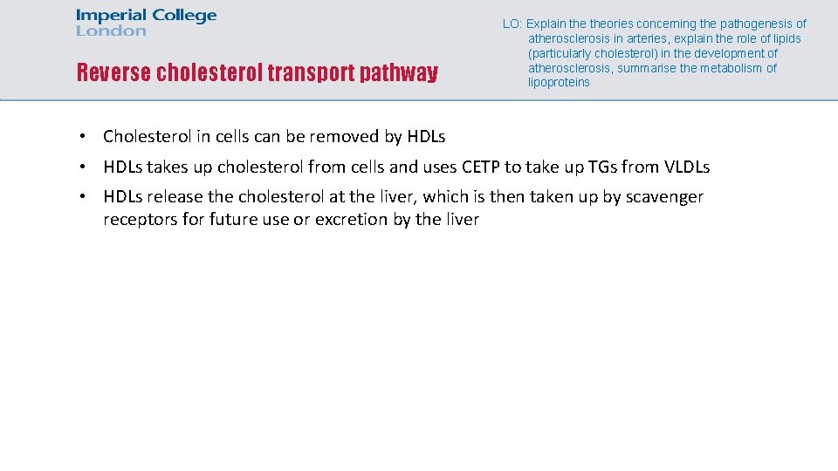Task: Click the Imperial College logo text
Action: point(146,16)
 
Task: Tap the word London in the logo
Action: point(111,31)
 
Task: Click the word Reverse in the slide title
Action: point(113,72)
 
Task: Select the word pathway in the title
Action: point(397,72)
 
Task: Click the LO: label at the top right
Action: point(512,24)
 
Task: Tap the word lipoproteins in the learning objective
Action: point(559,83)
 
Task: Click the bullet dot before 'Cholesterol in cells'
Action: point(81,136)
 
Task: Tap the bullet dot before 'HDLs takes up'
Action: point(81,167)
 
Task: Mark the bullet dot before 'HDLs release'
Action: point(81,197)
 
